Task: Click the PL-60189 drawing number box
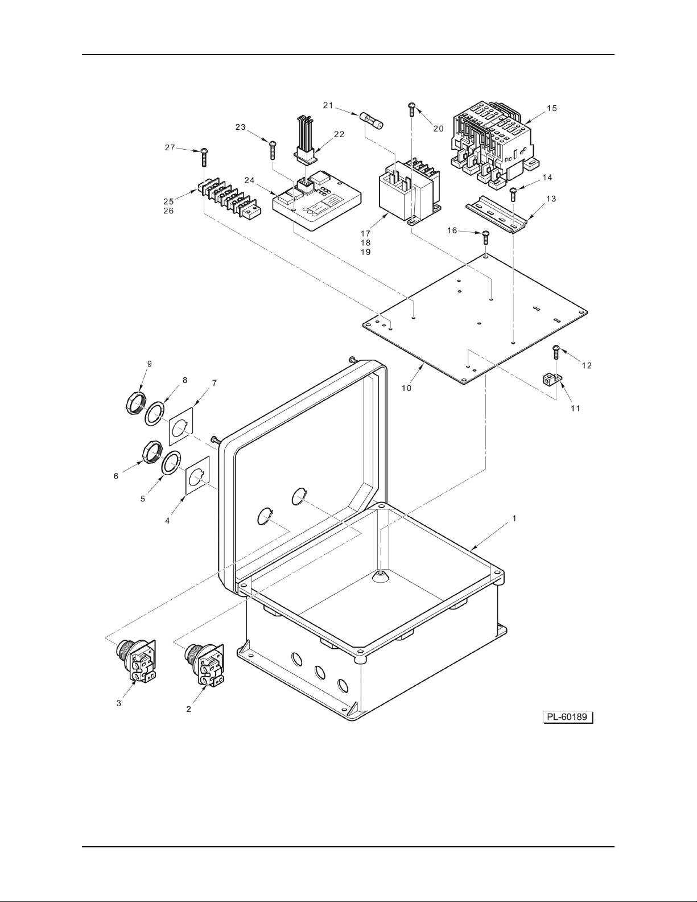[x=568, y=717]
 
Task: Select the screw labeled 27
[x=204, y=158]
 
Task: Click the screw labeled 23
[x=273, y=150]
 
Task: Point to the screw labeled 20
[x=412, y=110]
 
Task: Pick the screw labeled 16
[x=486, y=238]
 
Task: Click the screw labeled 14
[x=513, y=195]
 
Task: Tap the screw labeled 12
[x=556, y=352]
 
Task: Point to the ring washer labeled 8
[x=154, y=413]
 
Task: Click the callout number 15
[x=552, y=108]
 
